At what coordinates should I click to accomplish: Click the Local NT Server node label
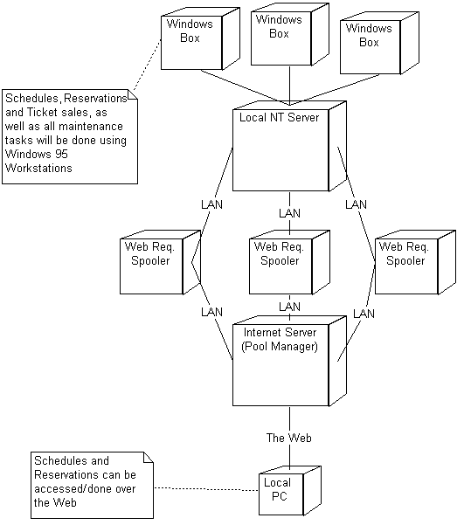point(279,118)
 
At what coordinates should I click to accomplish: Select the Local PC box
point(290,491)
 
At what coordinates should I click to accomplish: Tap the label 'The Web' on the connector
point(288,438)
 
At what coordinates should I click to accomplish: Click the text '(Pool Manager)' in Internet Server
point(280,346)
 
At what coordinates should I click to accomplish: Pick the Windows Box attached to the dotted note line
point(200,38)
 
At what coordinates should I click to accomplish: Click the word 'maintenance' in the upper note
point(91,127)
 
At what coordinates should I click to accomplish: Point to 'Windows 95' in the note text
point(37,154)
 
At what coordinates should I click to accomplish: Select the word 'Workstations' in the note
point(38,168)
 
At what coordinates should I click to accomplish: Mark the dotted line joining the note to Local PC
point(206,489)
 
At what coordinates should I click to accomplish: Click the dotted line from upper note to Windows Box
point(148,65)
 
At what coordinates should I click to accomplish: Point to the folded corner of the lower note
point(149,458)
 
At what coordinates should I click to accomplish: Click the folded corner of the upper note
point(133,94)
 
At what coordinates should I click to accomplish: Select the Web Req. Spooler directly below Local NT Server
point(289,262)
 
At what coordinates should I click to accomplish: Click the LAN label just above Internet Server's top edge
point(289,307)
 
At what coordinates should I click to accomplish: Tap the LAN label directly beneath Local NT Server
point(289,213)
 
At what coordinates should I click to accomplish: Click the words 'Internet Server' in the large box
point(280,333)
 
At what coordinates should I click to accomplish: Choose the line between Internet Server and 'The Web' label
point(290,418)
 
